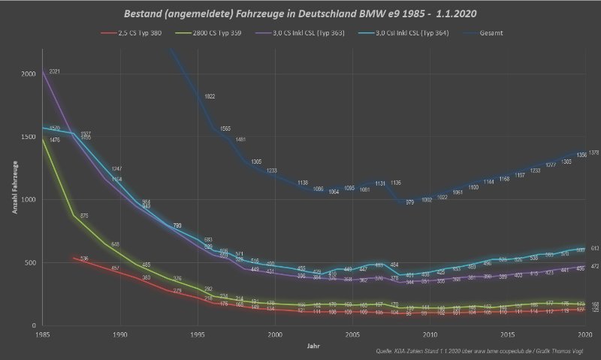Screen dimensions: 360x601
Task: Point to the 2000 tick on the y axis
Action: point(28,74)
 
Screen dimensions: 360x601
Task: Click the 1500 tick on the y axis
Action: point(28,138)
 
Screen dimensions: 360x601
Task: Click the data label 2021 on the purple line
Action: point(55,71)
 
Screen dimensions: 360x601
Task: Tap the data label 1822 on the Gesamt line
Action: point(210,96)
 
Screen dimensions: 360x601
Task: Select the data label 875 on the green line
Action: point(85,216)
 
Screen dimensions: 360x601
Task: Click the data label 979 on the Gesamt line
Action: point(410,202)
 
